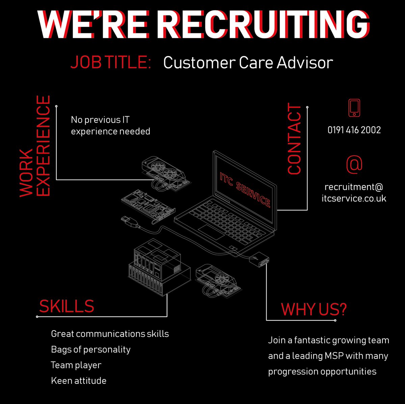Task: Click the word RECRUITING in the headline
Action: coord(263,25)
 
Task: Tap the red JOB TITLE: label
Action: coord(110,63)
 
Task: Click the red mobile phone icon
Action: coord(354,108)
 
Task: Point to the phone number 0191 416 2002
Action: coord(354,130)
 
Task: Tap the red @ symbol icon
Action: coord(354,164)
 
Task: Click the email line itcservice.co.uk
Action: coord(354,198)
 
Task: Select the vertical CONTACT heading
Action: coord(294,139)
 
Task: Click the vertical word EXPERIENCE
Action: coord(43,146)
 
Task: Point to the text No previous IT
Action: coord(100,120)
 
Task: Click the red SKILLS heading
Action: coord(66,306)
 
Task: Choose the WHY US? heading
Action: coord(314,309)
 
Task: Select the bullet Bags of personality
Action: coord(90,349)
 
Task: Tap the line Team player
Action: coord(76,365)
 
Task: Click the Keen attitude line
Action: coord(79,381)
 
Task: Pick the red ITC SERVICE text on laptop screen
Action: coord(245,189)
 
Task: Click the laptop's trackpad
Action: coord(211,232)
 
